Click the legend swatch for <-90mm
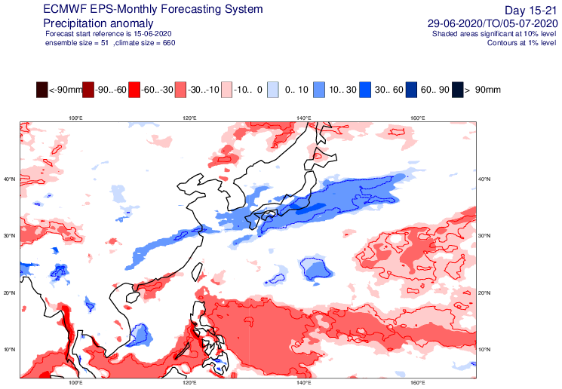tap(41, 90)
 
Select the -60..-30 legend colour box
tap(134, 90)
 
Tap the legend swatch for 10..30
tap(318, 90)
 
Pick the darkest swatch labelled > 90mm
tap(456, 90)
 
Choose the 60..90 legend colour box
tap(410, 90)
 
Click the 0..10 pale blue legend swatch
tap(272, 90)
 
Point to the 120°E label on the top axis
tap(189, 118)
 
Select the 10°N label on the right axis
tap(487, 349)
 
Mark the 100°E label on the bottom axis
tap(75, 382)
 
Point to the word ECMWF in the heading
tap(47, 10)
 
